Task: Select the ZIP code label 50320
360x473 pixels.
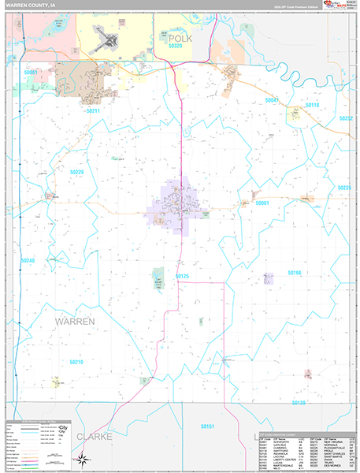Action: point(175,46)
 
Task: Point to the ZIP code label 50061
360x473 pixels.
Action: point(31,73)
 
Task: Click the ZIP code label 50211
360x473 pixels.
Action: point(94,110)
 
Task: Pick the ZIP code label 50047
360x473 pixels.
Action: point(273,101)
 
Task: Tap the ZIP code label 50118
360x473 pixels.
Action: point(313,105)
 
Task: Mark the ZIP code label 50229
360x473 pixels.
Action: point(76,172)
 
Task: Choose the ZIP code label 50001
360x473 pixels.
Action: point(262,203)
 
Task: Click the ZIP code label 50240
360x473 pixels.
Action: point(28,260)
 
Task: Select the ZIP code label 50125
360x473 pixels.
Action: point(183,276)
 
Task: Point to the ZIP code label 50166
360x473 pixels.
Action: point(295,272)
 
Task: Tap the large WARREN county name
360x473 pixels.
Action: point(76,322)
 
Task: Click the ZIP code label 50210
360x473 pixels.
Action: point(76,361)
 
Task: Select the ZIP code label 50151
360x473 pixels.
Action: point(207,426)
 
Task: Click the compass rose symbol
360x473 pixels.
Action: point(81,457)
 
